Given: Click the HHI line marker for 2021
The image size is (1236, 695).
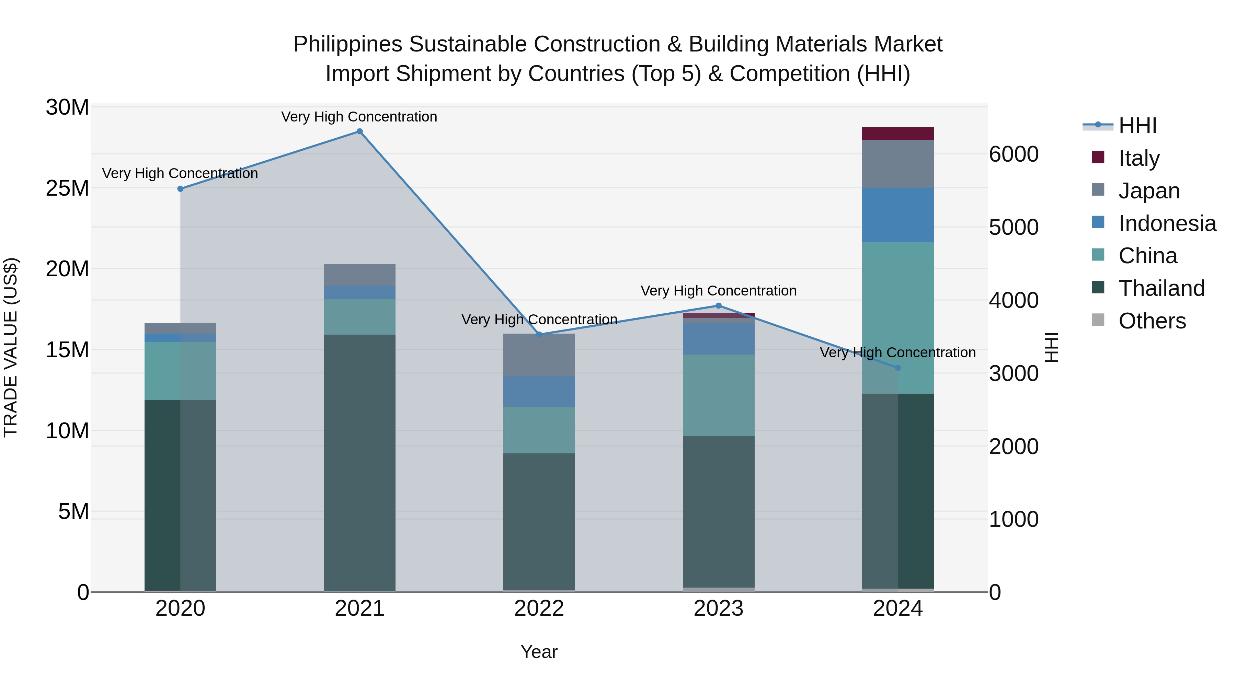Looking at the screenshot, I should point(359,131).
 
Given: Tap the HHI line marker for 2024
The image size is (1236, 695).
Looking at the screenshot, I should point(898,368).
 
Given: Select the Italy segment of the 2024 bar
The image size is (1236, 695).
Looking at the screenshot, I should point(898,134).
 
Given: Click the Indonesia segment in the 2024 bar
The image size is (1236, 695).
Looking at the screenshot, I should point(898,215).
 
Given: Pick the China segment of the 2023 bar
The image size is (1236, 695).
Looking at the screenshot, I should point(718,395).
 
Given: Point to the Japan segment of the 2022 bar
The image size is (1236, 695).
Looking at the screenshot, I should point(539,355).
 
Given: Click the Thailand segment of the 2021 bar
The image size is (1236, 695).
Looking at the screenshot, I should point(359,463).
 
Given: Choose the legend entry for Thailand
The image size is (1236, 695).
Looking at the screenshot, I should point(1161,288).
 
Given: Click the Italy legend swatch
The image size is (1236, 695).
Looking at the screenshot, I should point(1098,157).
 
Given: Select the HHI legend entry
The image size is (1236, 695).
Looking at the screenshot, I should point(1137,126).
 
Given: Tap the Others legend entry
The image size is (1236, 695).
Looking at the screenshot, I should point(1152,321).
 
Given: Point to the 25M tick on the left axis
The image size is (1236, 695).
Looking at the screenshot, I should point(67,188).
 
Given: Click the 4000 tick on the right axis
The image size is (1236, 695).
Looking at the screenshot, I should point(1014,301).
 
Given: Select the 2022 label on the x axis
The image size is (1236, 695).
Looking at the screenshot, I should point(539,609).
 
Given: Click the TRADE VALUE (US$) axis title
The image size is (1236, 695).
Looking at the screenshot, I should point(11,347).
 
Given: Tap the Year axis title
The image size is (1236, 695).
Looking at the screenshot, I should point(539,652).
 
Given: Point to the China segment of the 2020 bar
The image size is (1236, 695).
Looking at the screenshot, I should point(180,371).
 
